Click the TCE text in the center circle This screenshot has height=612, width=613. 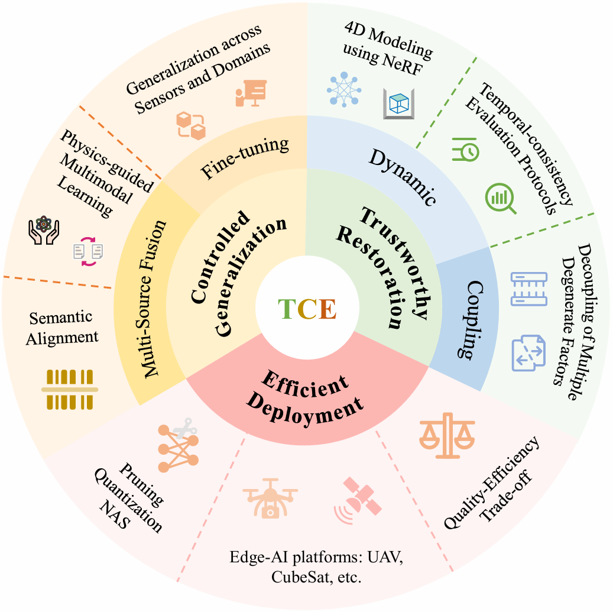307,309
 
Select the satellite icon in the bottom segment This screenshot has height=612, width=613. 357,500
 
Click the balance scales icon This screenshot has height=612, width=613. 447,436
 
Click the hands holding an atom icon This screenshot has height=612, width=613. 44,231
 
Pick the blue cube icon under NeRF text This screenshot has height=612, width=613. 398,104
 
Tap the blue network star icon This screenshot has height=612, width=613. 344,89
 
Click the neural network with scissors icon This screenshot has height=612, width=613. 178,445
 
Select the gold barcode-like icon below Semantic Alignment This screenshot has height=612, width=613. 70,390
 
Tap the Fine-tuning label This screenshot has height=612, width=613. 245,158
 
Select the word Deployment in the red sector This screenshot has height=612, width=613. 306,410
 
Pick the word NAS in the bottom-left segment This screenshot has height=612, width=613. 115,514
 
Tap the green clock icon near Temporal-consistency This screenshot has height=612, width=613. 466,150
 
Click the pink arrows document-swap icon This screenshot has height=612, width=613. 88,251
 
